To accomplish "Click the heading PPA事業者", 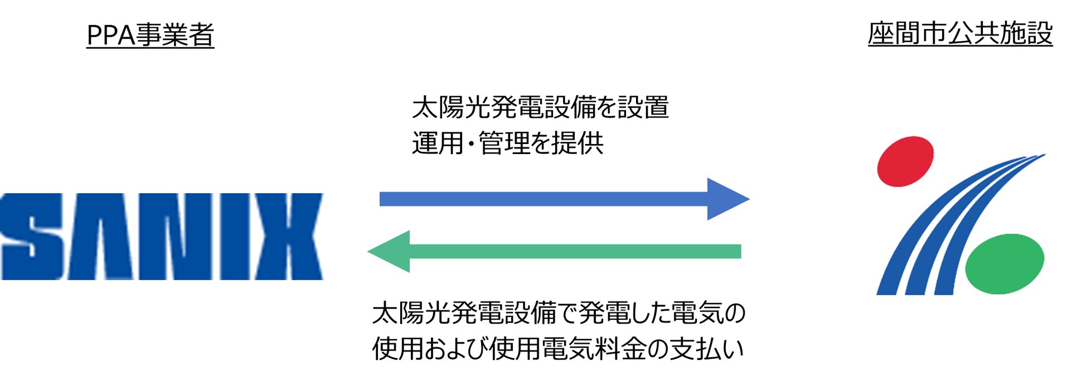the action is pos(150,35).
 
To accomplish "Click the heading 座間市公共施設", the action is pos(959,33).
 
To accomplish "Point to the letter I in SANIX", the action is pos(235,237).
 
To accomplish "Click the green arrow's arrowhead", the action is pos(391,252).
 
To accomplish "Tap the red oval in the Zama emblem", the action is pos(905,161).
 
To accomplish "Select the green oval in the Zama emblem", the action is pos(1004,263).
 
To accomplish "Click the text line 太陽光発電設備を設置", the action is pos(540,108).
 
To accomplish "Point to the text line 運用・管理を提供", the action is pos(507,143).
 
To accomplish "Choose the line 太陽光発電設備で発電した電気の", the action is pos(558,313).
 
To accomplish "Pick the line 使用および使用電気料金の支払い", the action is pos(558,349).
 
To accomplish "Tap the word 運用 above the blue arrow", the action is pos(438,143).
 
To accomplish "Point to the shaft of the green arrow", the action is pos(574,252).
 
